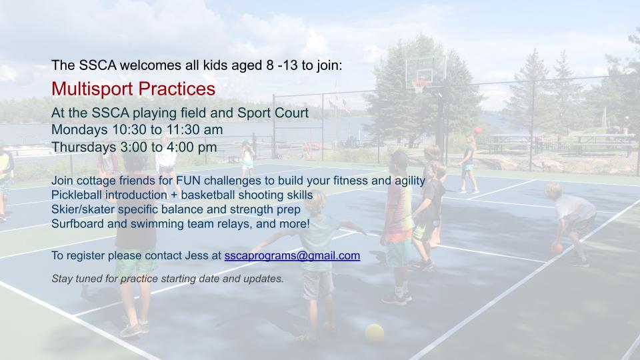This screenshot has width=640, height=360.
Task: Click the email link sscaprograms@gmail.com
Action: pos(292,256)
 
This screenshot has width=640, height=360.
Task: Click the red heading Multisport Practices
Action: pos(133,89)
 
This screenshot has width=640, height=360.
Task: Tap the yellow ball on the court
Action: pos(374,333)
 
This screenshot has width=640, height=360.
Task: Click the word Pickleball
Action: pos(77,195)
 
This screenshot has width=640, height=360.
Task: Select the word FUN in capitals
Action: pos(188,181)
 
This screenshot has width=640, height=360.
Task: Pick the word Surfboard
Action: pos(77,224)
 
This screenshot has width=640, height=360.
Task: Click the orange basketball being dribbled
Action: pos(557,248)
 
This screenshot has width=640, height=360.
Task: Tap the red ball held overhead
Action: pos(477,131)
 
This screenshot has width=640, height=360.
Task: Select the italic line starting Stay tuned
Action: pos(167,279)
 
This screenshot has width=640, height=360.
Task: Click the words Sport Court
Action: pos(273,113)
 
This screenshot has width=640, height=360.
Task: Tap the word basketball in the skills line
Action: pos(208,195)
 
